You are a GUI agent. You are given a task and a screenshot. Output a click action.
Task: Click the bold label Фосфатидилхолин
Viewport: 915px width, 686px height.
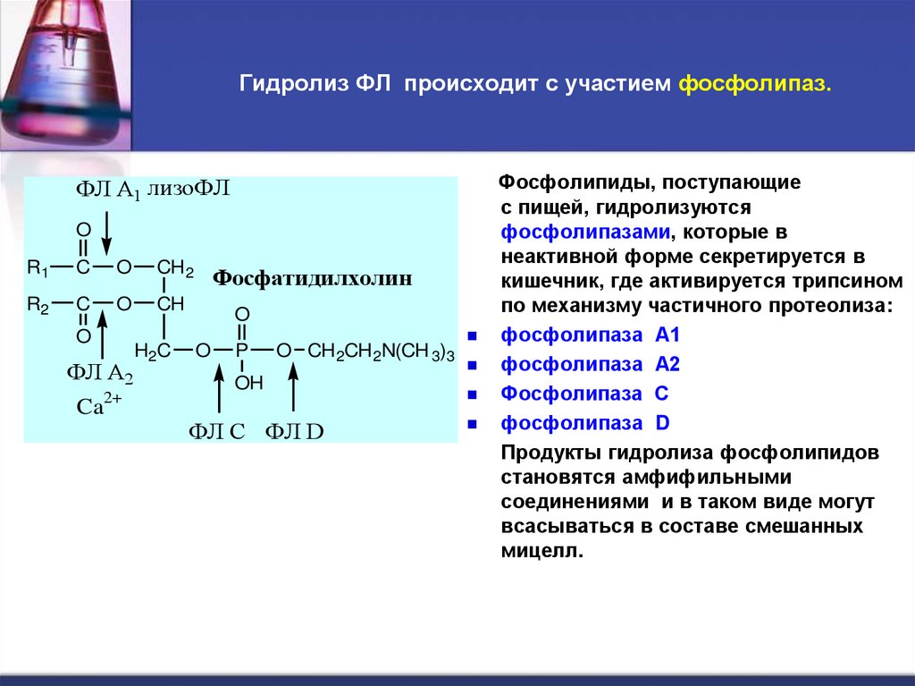(x=312, y=278)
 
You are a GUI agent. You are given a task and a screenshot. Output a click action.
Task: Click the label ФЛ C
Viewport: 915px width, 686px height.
(x=216, y=432)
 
